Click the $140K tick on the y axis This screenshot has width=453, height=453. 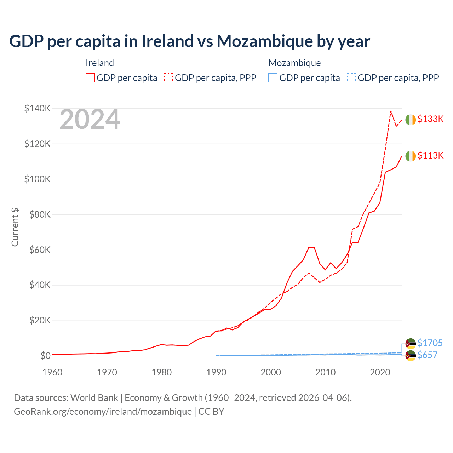pos(37,108)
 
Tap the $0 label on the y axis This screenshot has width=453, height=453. pos(45,356)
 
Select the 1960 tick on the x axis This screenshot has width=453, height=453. pos(52,372)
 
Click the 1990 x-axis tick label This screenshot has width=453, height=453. pos(216,372)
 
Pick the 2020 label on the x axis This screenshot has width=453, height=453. pos(380,372)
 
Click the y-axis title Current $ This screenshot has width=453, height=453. pos(15,227)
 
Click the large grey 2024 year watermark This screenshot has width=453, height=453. pos(90,120)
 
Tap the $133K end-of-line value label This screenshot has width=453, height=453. pos(430,119)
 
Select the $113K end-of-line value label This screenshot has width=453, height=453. pos(430,155)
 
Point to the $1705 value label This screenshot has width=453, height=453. pos(430,343)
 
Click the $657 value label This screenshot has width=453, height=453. pos(428,355)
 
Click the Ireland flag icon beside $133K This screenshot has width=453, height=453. pos(411,120)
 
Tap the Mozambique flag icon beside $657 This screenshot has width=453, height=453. pos(411,356)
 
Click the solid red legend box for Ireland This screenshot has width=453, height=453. pos(90,78)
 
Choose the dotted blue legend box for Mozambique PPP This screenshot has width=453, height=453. pos(351,78)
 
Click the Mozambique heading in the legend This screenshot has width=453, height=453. pos(294,63)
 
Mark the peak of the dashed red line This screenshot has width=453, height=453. pos(391,111)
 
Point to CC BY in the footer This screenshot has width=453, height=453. pos(211,412)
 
